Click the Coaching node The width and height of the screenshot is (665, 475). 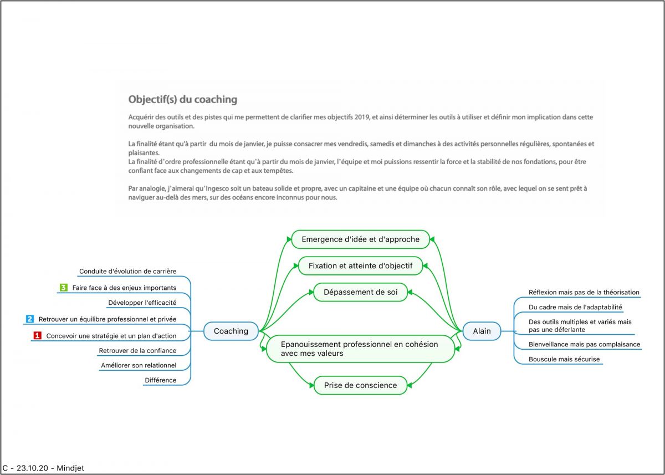click(x=231, y=331)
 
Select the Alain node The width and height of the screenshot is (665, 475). click(x=482, y=331)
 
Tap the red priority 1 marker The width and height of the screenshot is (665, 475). click(x=37, y=335)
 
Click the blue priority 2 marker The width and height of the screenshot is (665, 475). click(x=30, y=319)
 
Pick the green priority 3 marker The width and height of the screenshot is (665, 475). click(x=64, y=288)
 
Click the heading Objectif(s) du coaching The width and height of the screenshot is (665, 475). click(x=182, y=100)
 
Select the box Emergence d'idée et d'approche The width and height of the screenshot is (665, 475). click(x=360, y=239)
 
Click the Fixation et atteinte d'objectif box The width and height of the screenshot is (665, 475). click(x=360, y=265)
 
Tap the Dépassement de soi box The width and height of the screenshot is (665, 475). click(x=360, y=292)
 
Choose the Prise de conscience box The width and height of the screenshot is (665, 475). click(x=360, y=385)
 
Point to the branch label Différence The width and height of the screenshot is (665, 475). click(x=160, y=380)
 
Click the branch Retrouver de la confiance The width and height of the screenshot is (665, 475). click(x=137, y=350)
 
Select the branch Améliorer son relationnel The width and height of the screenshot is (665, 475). click(x=139, y=365)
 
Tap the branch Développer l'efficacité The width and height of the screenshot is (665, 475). click(x=142, y=303)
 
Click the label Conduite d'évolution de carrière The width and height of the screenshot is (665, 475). click(x=127, y=272)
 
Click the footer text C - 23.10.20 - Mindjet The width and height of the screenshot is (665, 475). click(x=43, y=468)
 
